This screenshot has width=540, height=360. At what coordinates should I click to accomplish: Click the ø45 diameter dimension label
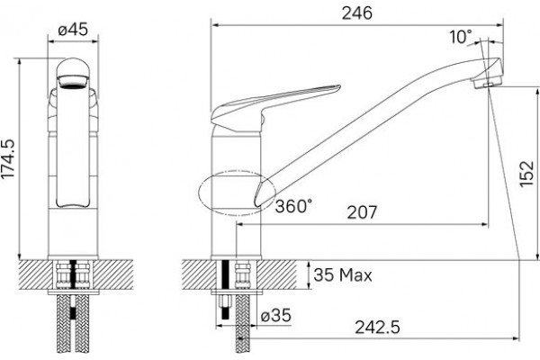(x=73, y=30)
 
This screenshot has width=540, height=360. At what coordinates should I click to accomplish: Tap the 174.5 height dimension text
(x=8, y=158)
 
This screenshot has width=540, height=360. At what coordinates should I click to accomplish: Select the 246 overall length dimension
(x=357, y=13)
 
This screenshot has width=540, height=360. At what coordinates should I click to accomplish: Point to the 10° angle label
(x=461, y=37)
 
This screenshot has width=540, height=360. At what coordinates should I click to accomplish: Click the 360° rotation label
(x=293, y=206)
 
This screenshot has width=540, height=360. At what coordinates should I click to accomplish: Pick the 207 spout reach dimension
(x=362, y=212)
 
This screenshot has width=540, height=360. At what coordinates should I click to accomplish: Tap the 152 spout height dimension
(x=526, y=175)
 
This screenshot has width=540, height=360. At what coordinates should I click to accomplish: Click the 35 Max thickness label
(x=343, y=274)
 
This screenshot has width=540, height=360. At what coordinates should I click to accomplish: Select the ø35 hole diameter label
(x=276, y=315)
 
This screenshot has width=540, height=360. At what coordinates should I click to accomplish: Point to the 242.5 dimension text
(x=377, y=327)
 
